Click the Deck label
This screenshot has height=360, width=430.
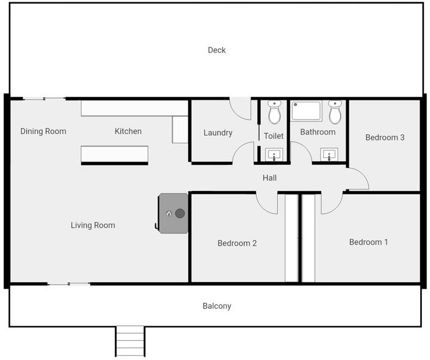point(217,50)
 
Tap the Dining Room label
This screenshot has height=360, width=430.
point(43,131)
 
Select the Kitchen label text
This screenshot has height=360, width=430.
point(128,131)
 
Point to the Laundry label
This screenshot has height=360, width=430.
point(218,133)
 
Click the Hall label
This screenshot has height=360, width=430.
point(269,178)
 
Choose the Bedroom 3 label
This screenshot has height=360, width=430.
point(385,138)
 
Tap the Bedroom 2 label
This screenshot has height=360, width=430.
point(237,243)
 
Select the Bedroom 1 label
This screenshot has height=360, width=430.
point(368,242)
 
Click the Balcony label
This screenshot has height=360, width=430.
point(217,306)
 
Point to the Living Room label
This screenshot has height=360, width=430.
point(93,225)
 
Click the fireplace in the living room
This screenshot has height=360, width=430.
point(173,213)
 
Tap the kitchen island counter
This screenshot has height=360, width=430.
point(114,154)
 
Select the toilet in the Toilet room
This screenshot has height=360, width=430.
point(274,112)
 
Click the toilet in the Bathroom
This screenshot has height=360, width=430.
point(335,112)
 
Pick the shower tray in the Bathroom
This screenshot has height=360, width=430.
point(306,111)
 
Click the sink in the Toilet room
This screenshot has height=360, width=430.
point(274,154)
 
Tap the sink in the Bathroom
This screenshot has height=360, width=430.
point(329,155)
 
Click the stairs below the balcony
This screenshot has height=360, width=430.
point(130,341)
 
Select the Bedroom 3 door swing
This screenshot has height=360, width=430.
point(357,179)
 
